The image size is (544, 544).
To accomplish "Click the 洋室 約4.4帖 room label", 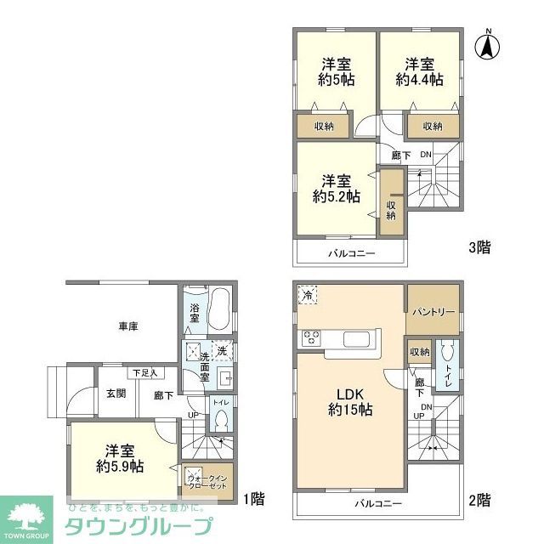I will tap(419, 72).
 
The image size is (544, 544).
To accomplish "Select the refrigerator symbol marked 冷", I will tap(306, 294).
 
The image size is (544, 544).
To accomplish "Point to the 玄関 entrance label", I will tap(116, 393).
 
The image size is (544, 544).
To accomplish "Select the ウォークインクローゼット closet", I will tap(207, 481).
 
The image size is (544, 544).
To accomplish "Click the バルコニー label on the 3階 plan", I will tap(348, 253).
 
